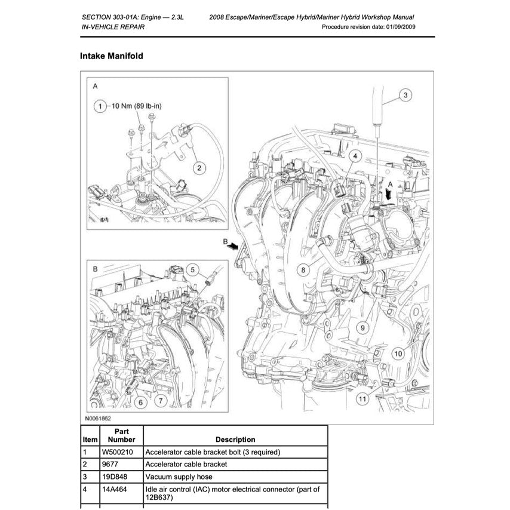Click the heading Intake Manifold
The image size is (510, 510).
(111, 56)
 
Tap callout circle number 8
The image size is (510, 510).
(303, 270)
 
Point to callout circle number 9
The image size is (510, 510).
(361, 327)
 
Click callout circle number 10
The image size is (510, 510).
(398, 354)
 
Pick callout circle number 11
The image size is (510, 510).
(362, 398)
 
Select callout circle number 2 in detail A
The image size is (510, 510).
(201, 168)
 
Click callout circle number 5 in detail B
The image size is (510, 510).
(192, 270)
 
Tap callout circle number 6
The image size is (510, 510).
(141, 403)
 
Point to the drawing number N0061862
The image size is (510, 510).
(98, 419)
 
